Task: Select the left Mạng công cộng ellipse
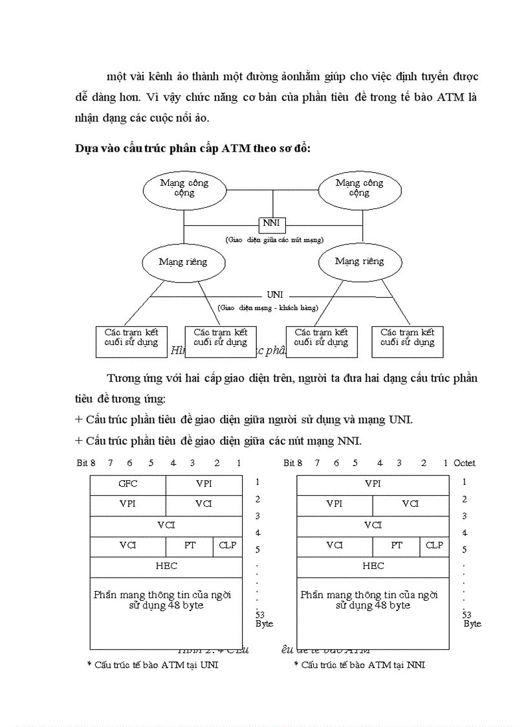(x=184, y=188)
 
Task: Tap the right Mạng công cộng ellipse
(x=359, y=188)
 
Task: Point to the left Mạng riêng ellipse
(x=183, y=262)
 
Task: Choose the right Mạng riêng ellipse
(x=359, y=262)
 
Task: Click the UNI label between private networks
(x=275, y=295)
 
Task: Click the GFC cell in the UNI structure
(x=128, y=484)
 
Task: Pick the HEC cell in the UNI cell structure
(x=166, y=566)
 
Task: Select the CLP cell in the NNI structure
(x=434, y=546)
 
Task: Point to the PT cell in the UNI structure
(x=190, y=546)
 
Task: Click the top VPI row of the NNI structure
(x=373, y=484)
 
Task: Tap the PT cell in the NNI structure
(x=397, y=546)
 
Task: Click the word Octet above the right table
(x=465, y=463)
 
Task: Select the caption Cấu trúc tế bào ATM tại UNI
(x=153, y=665)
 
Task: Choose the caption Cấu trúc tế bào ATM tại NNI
(x=360, y=665)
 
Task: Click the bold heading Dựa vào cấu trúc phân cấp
(x=193, y=148)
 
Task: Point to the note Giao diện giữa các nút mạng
(x=274, y=240)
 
